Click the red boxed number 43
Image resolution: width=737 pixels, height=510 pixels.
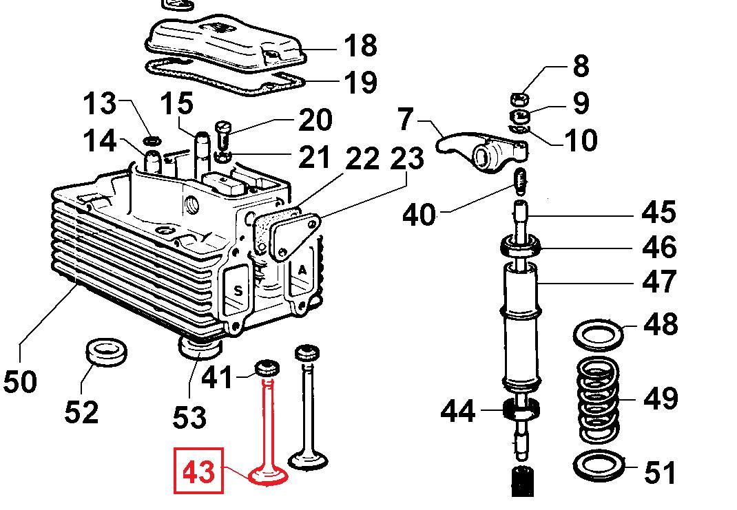click(x=199, y=471)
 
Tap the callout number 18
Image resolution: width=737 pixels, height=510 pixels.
click(x=360, y=46)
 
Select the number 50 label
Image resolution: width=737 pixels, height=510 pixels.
click(x=19, y=381)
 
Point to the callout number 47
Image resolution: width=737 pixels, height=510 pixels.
click(x=658, y=281)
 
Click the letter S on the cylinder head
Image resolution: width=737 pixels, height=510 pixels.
click(x=238, y=290)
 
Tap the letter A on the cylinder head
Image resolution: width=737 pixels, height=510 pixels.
click(x=302, y=270)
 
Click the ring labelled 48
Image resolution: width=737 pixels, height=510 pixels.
click(x=598, y=334)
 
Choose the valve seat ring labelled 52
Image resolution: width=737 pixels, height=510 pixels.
click(x=105, y=352)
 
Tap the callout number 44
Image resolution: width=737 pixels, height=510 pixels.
click(x=458, y=411)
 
